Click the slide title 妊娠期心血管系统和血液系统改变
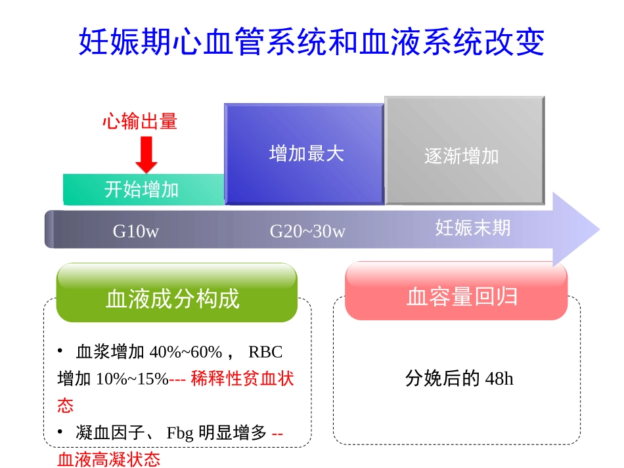pyautogui.click(x=311, y=42)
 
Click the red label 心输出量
pyautogui.click(x=139, y=122)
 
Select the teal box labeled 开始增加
pyautogui.click(x=142, y=190)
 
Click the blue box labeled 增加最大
pyautogui.click(x=305, y=154)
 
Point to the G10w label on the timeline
pyautogui.click(x=135, y=232)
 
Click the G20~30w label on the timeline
pyautogui.click(x=307, y=232)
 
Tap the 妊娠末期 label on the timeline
pyautogui.click(x=472, y=228)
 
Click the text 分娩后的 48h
pyautogui.click(x=459, y=379)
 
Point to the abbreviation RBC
pyautogui.click(x=265, y=352)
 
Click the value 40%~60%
pyautogui.click(x=186, y=352)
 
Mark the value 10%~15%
pyautogui.click(x=132, y=379)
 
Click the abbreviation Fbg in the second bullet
pyautogui.click(x=180, y=433)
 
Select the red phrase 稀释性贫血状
pyautogui.click(x=242, y=379)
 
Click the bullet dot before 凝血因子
pyautogui.click(x=60, y=431)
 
